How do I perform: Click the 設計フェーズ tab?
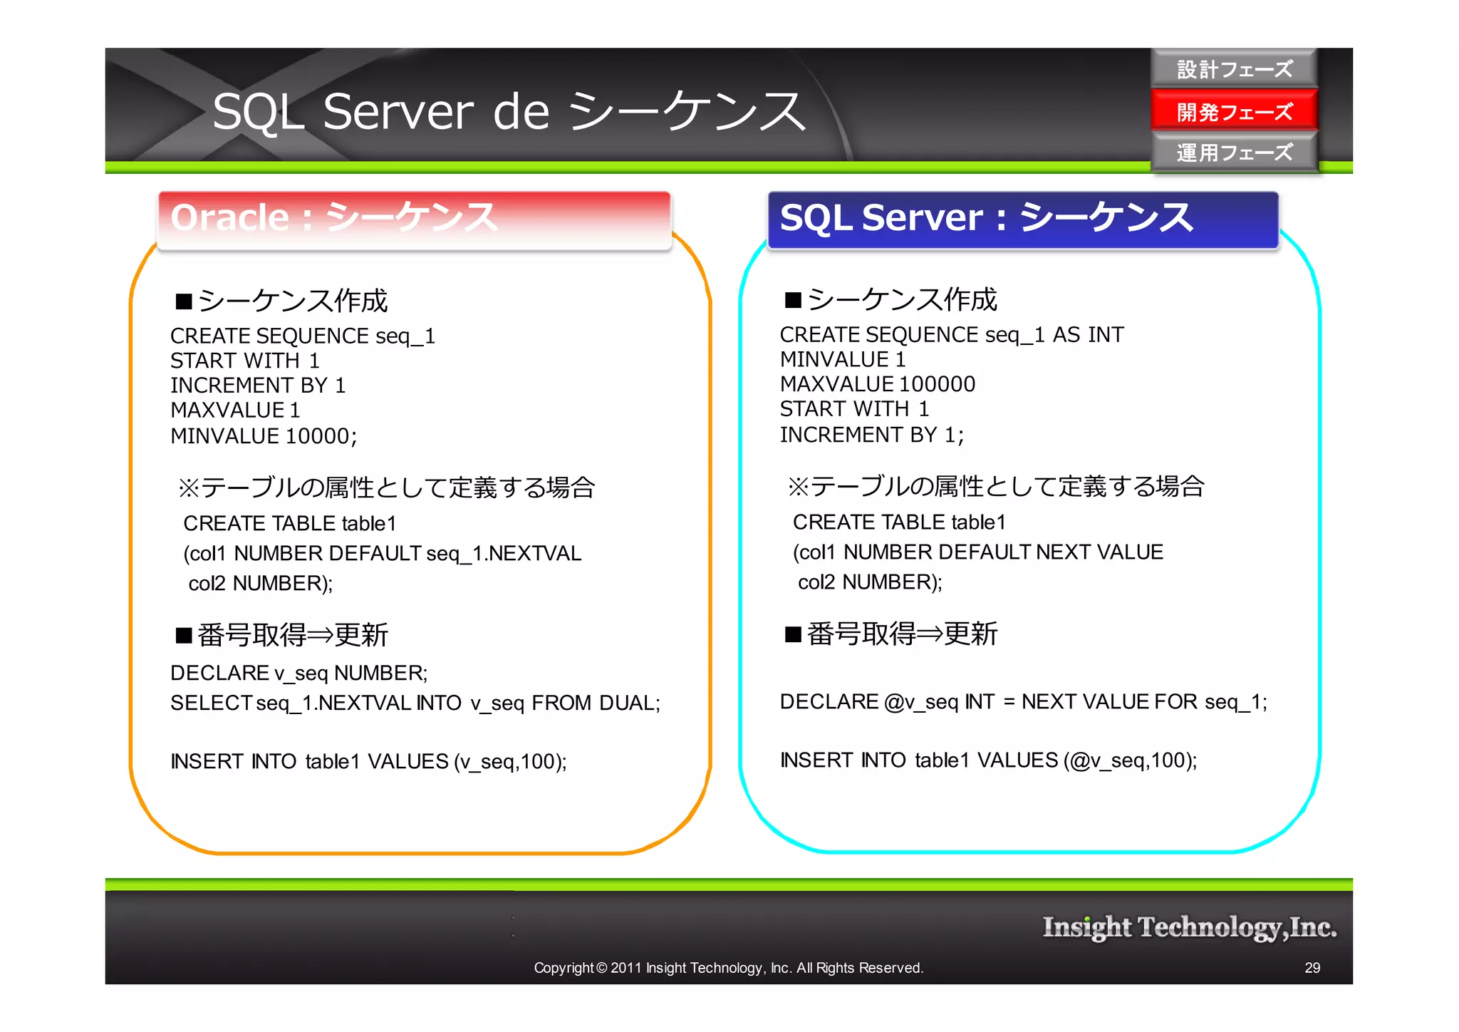point(1234,69)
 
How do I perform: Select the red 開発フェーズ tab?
point(1234,111)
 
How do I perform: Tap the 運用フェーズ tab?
point(1234,153)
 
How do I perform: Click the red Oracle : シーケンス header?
point(414,218)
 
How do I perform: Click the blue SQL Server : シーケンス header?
point(1022,218)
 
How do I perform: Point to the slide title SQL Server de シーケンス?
point(509,112)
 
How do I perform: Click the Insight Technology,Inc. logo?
point(1189,927)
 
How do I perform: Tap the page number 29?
point(1312,968)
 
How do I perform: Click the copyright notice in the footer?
point(728,968)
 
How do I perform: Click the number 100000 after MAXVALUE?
point(937,384)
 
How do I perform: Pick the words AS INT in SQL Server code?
point(1088,334)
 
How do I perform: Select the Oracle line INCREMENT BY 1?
point(258,386)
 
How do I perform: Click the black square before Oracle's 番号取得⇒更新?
point(185,635)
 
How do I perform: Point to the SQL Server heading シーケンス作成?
point(902,299)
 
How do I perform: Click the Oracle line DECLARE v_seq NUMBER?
point(299,673)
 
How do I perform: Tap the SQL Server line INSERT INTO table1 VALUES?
point(988,760)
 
